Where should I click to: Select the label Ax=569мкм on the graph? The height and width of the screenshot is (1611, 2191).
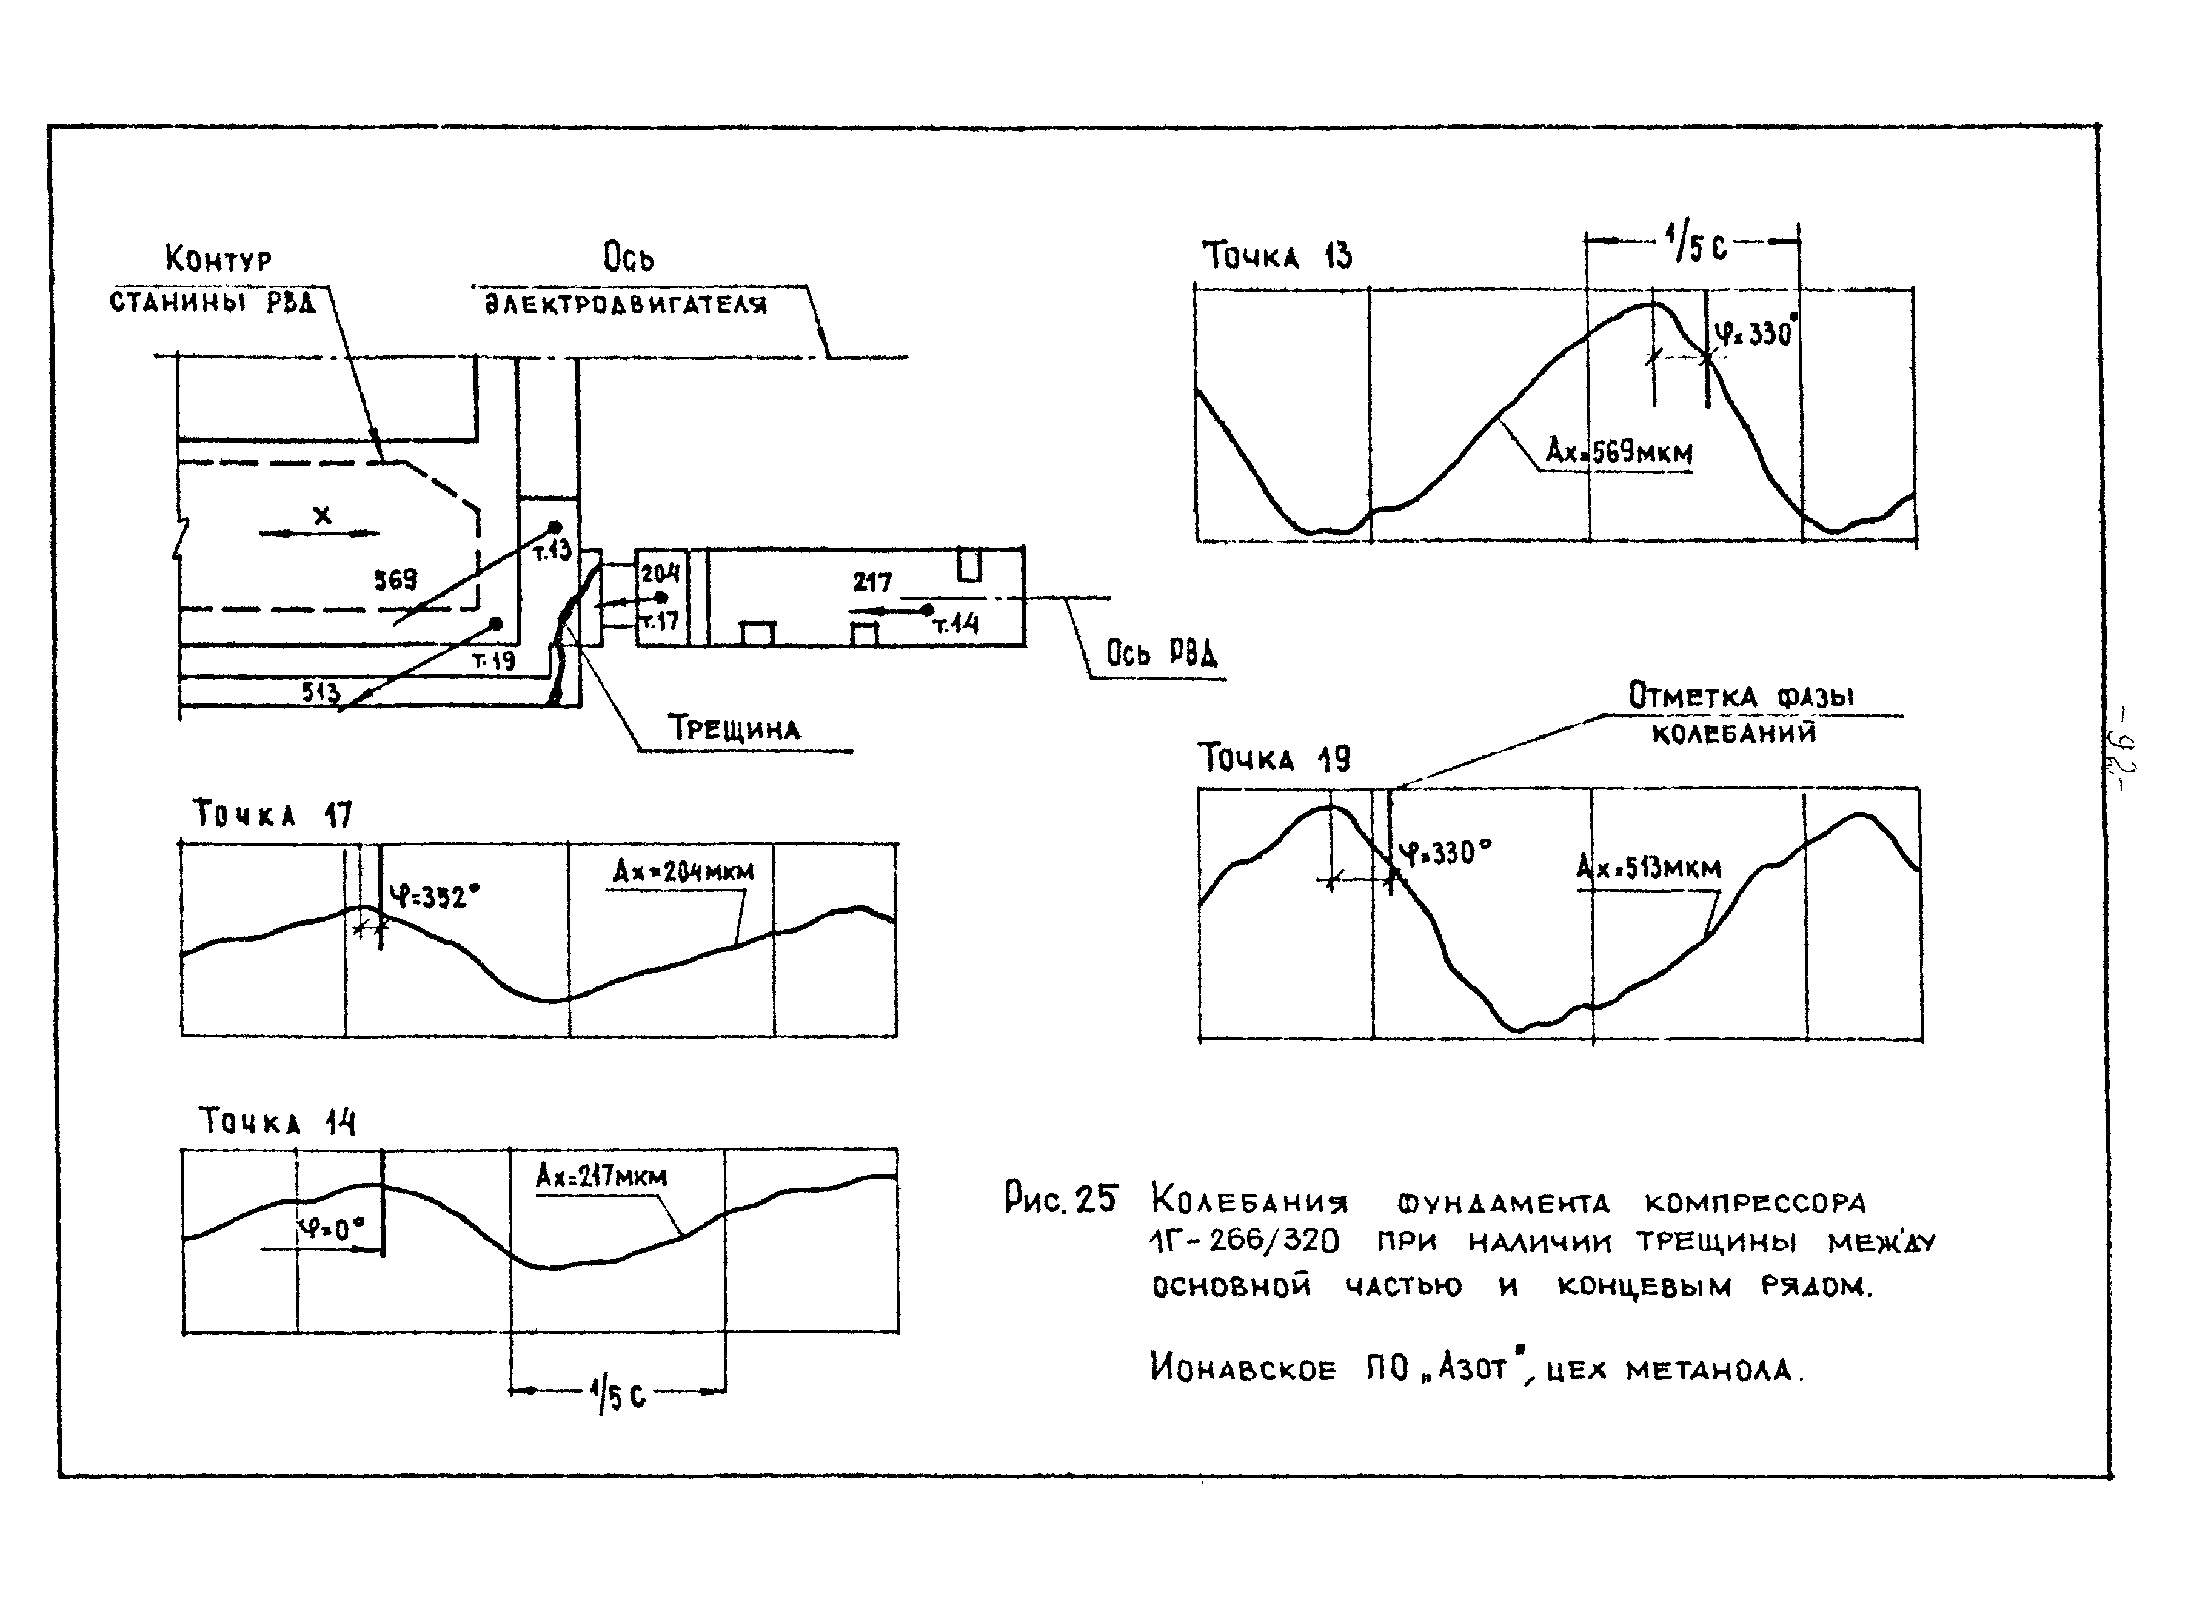[x=1619, y=452]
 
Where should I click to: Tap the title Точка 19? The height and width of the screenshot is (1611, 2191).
[x=1274, y=758]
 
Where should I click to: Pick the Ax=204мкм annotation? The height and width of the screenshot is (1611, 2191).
[x=683, y=871]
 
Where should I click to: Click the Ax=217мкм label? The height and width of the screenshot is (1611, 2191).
[x=601, y=1176]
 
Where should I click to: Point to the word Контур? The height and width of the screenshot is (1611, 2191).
[x=218, y=260]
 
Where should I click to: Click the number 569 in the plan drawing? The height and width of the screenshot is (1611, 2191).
[x=396, y=580]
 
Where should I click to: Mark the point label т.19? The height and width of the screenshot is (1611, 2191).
[x=493, y=660]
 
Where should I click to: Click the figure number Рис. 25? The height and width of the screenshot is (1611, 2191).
[x=1060, y=1199]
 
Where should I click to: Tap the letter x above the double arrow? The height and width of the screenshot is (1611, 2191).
[x=322, y=514]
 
